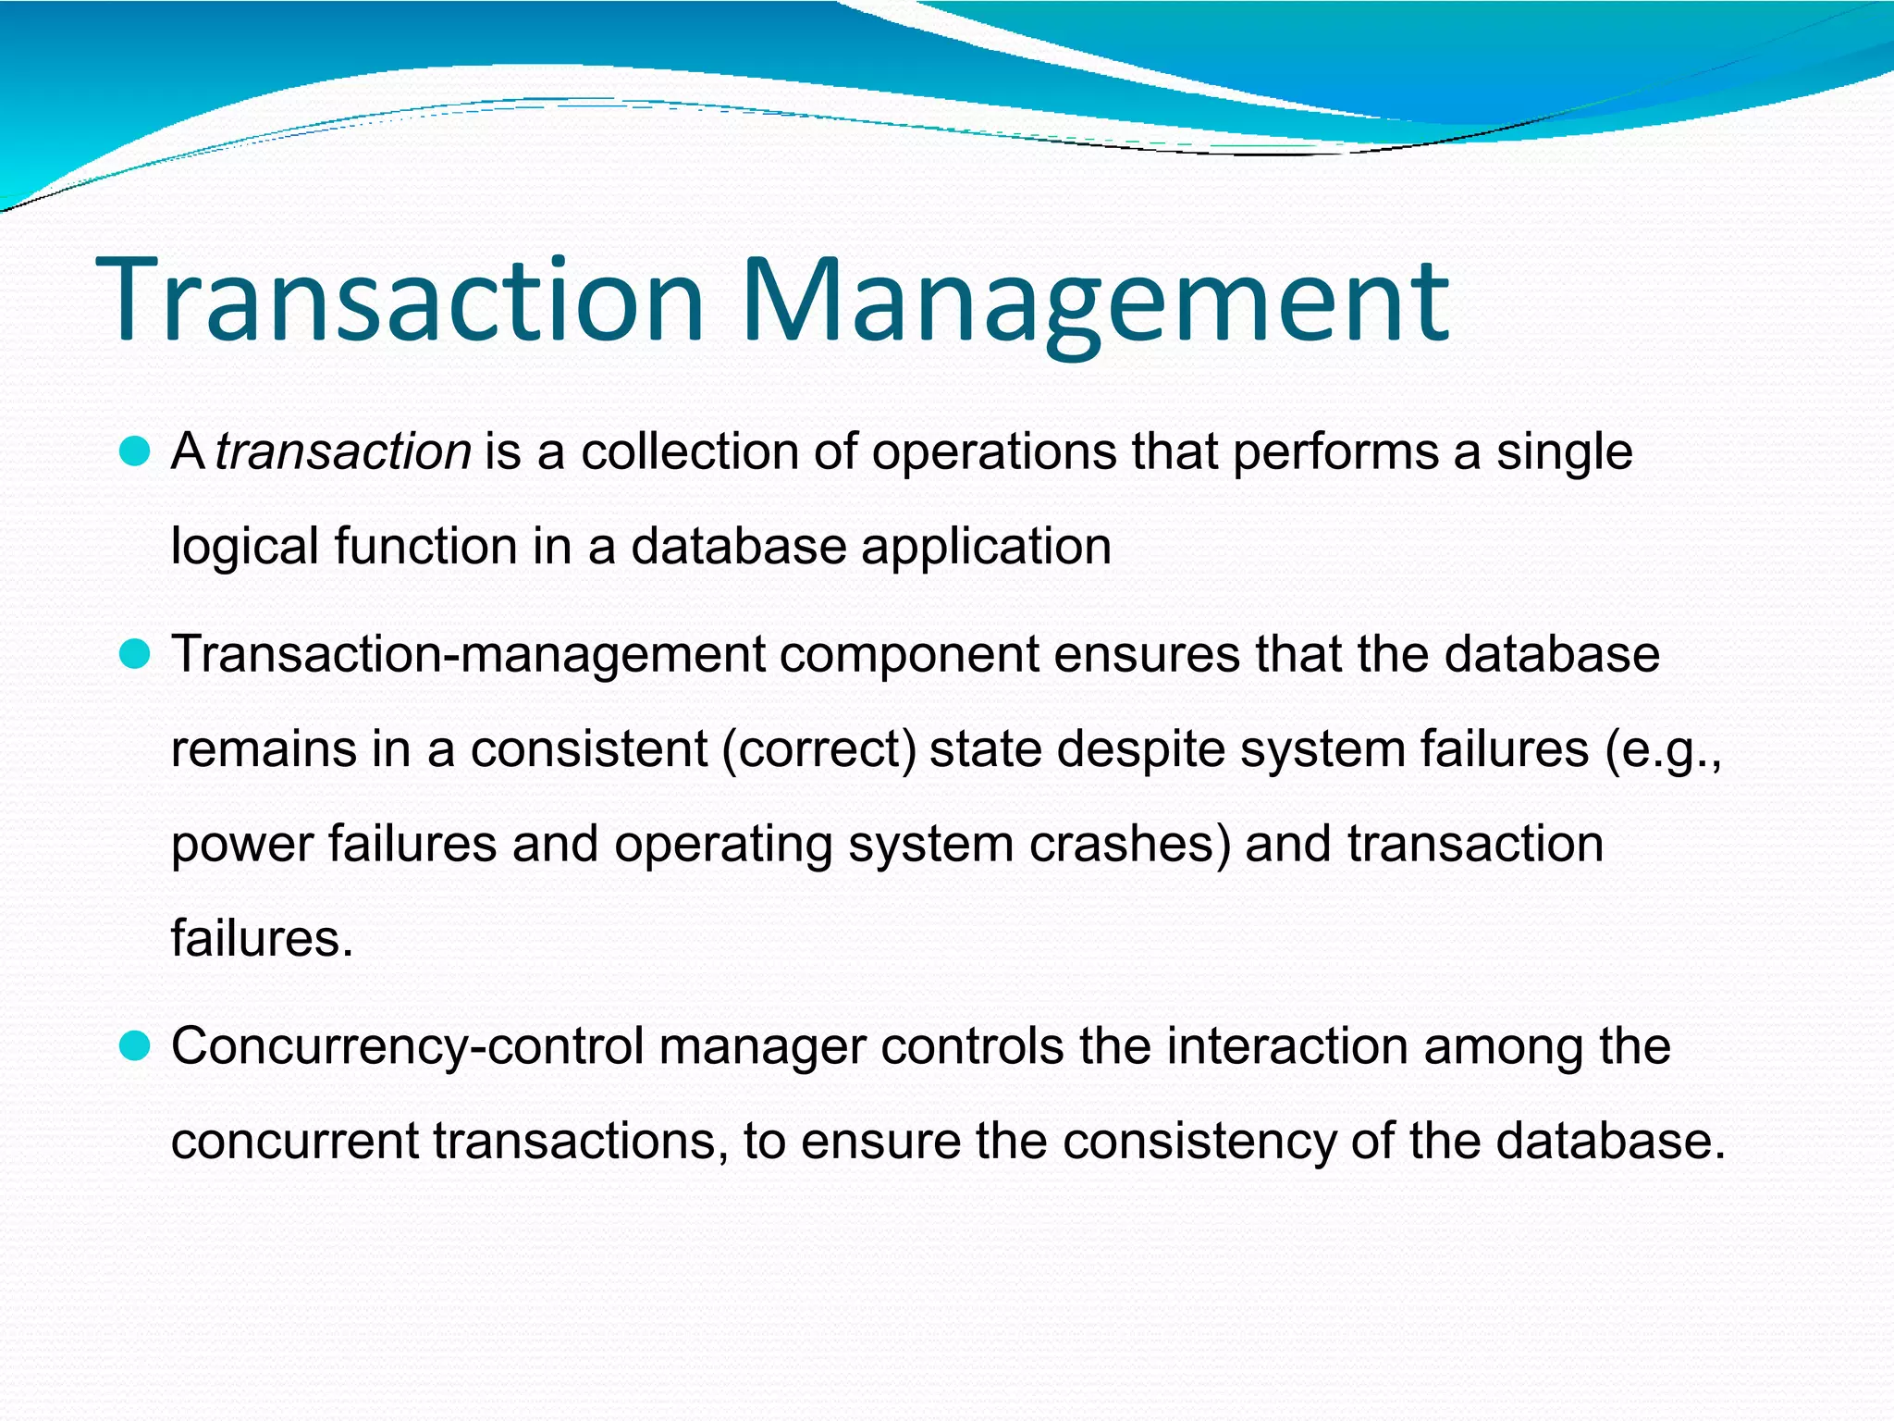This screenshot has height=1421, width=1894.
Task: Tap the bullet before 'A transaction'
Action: [135, 452]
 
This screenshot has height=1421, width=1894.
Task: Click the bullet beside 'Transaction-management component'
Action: [135, 655]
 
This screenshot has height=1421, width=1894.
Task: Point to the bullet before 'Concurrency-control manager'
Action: [135, 1047]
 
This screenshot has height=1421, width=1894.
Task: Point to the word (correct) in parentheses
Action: [818, 749]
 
